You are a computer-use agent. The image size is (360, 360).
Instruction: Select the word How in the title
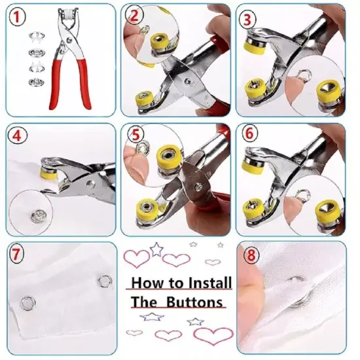point(145,284)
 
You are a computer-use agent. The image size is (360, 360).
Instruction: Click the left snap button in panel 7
point(27,302)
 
